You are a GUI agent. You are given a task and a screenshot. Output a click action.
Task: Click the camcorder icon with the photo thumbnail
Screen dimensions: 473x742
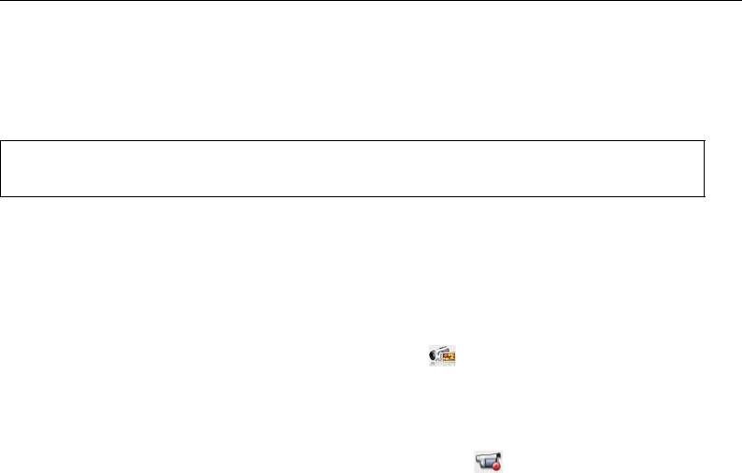442,355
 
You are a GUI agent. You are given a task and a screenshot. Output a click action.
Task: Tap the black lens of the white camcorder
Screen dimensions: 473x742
433,356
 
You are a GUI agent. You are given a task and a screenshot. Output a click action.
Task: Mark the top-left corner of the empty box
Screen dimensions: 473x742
1,142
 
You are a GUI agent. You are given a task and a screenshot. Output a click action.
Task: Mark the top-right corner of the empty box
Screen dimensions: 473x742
703,142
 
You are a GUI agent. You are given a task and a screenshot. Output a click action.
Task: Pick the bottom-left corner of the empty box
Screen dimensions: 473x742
1,196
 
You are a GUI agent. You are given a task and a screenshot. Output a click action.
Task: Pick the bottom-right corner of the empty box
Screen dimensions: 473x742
703,196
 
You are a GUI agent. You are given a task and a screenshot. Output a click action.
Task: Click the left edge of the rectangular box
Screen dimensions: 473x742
1,169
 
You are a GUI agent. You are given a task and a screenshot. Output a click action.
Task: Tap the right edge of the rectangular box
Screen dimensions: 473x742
703,169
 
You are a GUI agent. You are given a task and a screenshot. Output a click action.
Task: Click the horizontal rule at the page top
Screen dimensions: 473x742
371,1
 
